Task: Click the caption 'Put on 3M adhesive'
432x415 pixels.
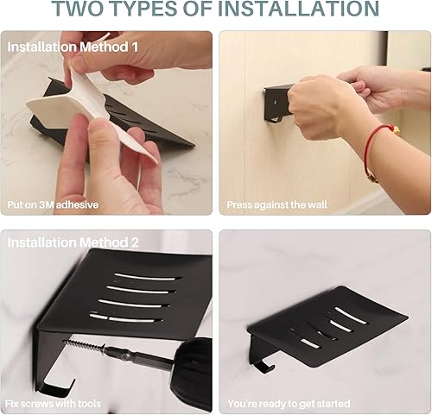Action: tap(53, 205)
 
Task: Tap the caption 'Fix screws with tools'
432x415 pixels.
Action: tap(54, 403)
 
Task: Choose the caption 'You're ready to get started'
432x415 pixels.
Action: tap(289, 403)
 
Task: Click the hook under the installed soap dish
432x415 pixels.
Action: tap(262, 363)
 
